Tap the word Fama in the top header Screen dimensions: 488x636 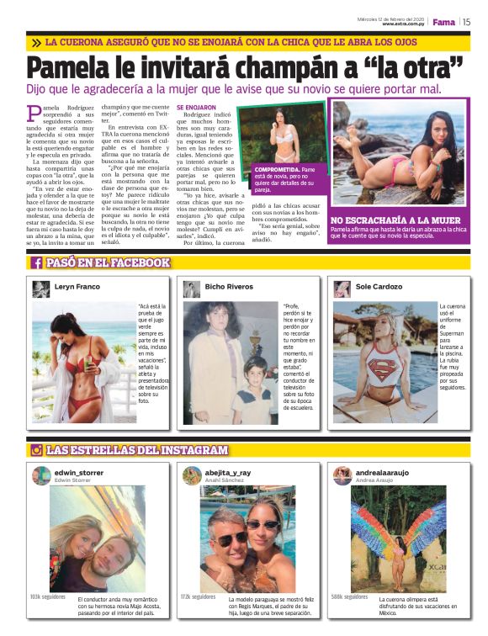tap(444, 22)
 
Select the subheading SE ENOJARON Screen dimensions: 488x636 tap(196, 108)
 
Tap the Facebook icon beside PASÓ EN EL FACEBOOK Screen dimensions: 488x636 tap(38, 262)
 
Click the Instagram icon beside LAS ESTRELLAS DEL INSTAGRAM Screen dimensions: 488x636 tap(37, 450)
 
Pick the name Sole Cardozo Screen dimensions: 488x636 tap(379, 287)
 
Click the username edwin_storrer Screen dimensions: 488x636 tap(79, 473)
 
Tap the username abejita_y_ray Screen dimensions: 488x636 tap(228, 473)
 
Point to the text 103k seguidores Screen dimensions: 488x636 tap(47, 596)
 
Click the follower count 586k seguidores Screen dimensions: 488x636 tap(349, 596)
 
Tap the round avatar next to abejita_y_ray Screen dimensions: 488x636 tap(192, 476)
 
